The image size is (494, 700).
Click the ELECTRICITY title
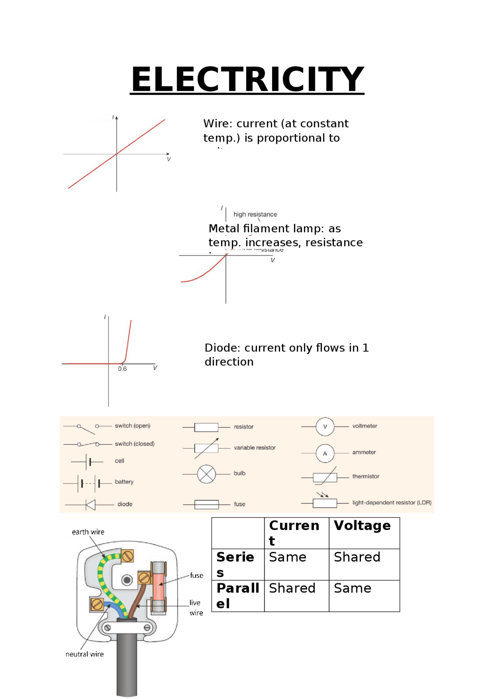tap(247, 79)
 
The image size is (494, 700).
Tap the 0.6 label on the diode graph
tap(122, 369)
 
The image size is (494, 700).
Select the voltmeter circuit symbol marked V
tap(325, 427)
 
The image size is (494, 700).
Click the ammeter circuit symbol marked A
tap(325, 453)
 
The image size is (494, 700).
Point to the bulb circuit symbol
tap(206, 474)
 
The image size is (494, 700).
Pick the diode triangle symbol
tap(91, 505)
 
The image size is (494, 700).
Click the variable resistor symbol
tap(206, 448)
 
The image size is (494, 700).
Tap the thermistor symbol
tap(325, 477)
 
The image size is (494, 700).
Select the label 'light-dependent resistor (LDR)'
tap(392, 502)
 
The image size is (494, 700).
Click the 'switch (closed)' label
tap(134, 444)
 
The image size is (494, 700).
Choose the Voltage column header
tap(362, 526)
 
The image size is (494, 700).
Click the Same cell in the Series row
tap(288, 557)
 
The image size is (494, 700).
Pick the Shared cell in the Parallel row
tap(292, 588)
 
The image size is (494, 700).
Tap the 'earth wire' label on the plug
tap(88, 532)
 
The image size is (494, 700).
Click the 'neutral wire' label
tap(85, 654)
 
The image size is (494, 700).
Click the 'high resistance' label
tap(255, 214)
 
